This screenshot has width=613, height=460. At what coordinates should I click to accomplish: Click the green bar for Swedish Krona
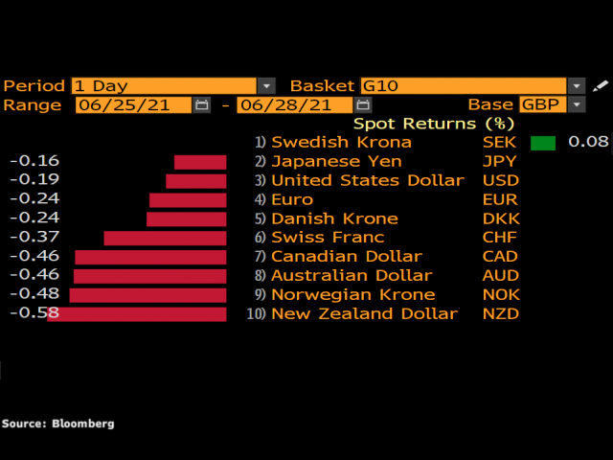pos(543,143)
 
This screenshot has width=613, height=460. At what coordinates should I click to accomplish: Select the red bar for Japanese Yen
pos(200,162)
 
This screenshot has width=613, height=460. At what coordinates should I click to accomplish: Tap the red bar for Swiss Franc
pos(165,238)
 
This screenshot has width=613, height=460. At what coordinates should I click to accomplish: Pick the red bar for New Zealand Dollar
pos(137,314)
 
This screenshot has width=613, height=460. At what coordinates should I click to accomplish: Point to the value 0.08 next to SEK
pos(588,142)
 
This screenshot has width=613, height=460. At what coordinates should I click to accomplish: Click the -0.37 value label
pos(34,237)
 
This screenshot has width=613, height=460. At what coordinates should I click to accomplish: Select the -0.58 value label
pos(34,313)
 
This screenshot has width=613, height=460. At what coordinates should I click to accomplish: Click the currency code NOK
pos(500,294)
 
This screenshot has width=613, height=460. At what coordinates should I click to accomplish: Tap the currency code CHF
pos(500,237)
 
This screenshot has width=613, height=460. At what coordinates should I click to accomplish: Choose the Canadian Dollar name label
pos(346,256)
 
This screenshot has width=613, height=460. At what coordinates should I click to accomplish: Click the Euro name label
pos(292,199)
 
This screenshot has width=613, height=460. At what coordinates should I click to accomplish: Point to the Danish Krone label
pos(321,218)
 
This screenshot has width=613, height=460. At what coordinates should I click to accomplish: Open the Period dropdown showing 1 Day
pos(173,85)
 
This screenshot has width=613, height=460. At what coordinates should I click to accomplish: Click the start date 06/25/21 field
pos(134,104)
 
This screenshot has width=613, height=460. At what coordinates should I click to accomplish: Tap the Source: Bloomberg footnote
pos(57,423)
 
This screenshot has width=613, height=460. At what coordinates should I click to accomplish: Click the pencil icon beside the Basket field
pos(601,85)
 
